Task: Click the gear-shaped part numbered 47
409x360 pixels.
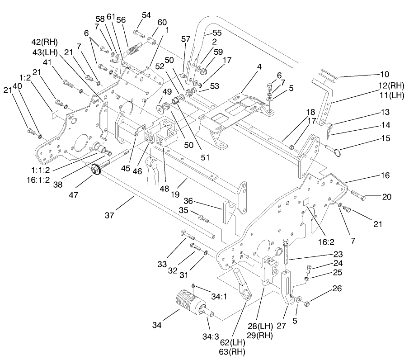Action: click(96, 170)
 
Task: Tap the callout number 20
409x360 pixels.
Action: click(386, 197)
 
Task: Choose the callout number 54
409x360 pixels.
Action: click(146, 15)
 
